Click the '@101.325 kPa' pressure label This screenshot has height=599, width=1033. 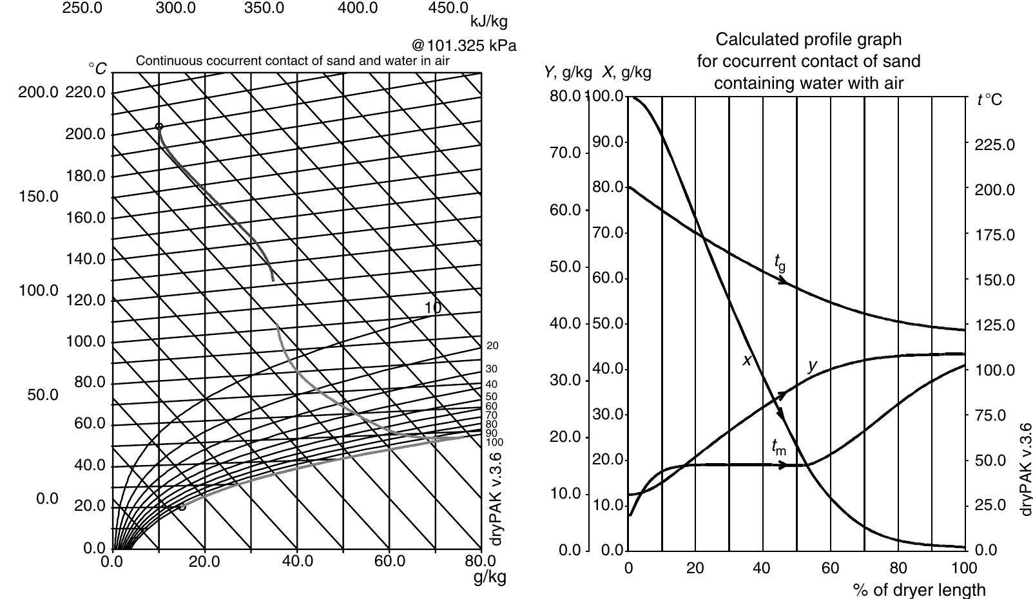point(464,46)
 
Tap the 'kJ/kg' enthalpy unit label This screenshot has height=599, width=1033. point(489,22)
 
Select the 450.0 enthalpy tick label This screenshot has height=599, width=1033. point(448,8)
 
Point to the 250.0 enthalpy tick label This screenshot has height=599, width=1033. point(82,8)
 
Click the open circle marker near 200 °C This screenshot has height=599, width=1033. point(159,127)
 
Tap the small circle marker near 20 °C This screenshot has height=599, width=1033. point(182,506)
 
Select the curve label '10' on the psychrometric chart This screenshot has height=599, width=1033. point(433,308)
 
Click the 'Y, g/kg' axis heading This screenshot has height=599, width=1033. point(568,72)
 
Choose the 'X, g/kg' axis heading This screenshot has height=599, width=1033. point(626,72)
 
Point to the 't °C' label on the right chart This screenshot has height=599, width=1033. point(989,100)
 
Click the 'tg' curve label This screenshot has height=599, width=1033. point(780,261)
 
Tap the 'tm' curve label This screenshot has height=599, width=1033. point(778,446)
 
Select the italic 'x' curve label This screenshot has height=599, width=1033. point(747,361)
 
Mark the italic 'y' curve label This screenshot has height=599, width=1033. point(813,365)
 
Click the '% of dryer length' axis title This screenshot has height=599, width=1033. point(919,589)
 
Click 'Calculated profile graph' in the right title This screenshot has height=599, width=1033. point(809,40)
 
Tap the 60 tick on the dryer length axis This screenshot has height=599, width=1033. point(830,568)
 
